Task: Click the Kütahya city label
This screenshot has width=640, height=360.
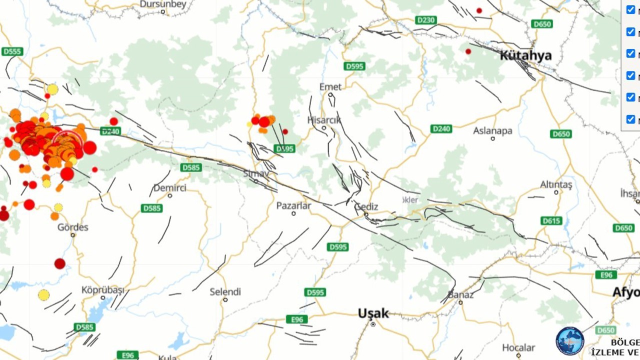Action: [x=525, y=55]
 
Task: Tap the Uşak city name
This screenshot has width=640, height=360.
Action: [x=373, y=313]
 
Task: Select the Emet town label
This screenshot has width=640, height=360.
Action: [x=330, y=87]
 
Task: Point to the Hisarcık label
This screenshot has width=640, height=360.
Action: [x=324, y=120]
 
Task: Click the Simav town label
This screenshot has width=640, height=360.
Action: [x=256, y=173]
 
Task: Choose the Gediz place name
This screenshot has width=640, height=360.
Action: [x=366, y=206]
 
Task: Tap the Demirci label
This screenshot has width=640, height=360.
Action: [x=169, y=188]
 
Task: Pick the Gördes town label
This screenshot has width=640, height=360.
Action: [x=72, y=227]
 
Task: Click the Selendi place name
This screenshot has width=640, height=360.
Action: [x=225, y=291]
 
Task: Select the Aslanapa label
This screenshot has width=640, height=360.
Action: [x=492, y=131]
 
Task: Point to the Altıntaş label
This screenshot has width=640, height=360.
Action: [x=555, y=184]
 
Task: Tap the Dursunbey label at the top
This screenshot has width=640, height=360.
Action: [x=163, y=4]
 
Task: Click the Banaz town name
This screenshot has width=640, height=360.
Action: [x=460, y=294]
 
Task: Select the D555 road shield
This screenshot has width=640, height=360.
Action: [x=12, y=51]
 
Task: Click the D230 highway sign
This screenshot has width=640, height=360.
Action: [x=425, y=20]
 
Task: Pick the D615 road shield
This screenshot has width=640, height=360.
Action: [x=551, y=220]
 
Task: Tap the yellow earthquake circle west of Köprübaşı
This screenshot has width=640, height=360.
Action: [x=44, y=295]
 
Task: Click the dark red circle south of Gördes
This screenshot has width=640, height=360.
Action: [x=60, y=263]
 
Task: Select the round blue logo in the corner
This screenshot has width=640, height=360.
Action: [x=570, y=341]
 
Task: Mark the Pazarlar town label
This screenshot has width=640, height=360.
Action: [x=293, y=205]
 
